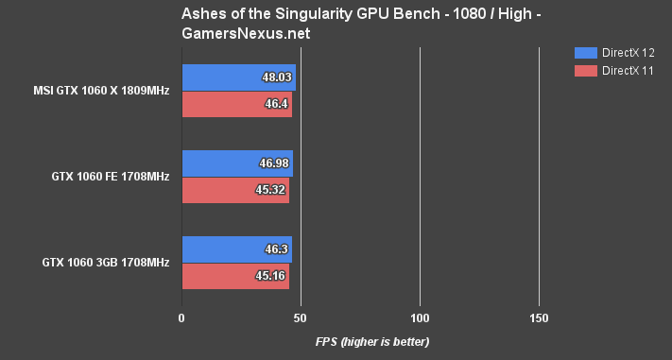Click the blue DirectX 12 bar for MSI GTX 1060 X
pos(238,77)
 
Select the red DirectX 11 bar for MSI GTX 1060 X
pos(236,105)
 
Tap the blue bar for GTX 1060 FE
pos(236,163)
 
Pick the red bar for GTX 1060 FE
pos(234,190)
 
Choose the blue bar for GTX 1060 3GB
pos(236,249)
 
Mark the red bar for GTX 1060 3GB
pos(234,276)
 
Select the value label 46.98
pos(274,163)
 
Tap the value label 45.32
pos(273,190)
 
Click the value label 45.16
pos(273,276)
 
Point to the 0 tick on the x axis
pos(181,318)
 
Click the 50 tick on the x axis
pos(301,318)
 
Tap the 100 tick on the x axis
pos(420,318)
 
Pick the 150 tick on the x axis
pos(538,318)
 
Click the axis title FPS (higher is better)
pos(372,341)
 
